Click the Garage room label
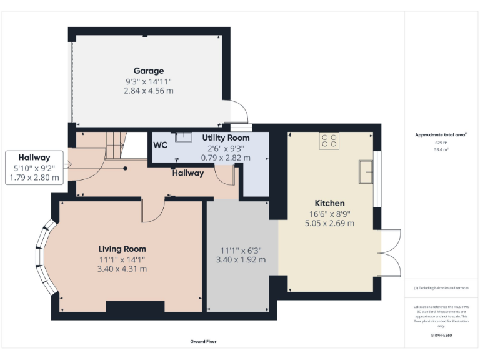tap(148, 71)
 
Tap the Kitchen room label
tap(329, 203)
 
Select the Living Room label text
tap(122, 249)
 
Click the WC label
tap(161, 144)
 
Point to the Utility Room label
tap(226, 137)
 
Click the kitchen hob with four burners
tap(329, 141)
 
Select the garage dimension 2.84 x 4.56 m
tap(148, 91)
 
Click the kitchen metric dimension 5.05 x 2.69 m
tap(329, 223)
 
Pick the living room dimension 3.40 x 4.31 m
tap(122, 269)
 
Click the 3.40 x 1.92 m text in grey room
tap(241, 260)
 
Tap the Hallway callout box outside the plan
tap(34, 167)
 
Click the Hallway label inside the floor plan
tap(188, 173)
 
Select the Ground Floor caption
tap(203, 342)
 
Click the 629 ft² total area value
tap(441, 142)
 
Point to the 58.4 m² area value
tap(441, 150)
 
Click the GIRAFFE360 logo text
tap(441, 336)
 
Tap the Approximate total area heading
tap(441, 134)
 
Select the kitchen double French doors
tap(391, 252)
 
